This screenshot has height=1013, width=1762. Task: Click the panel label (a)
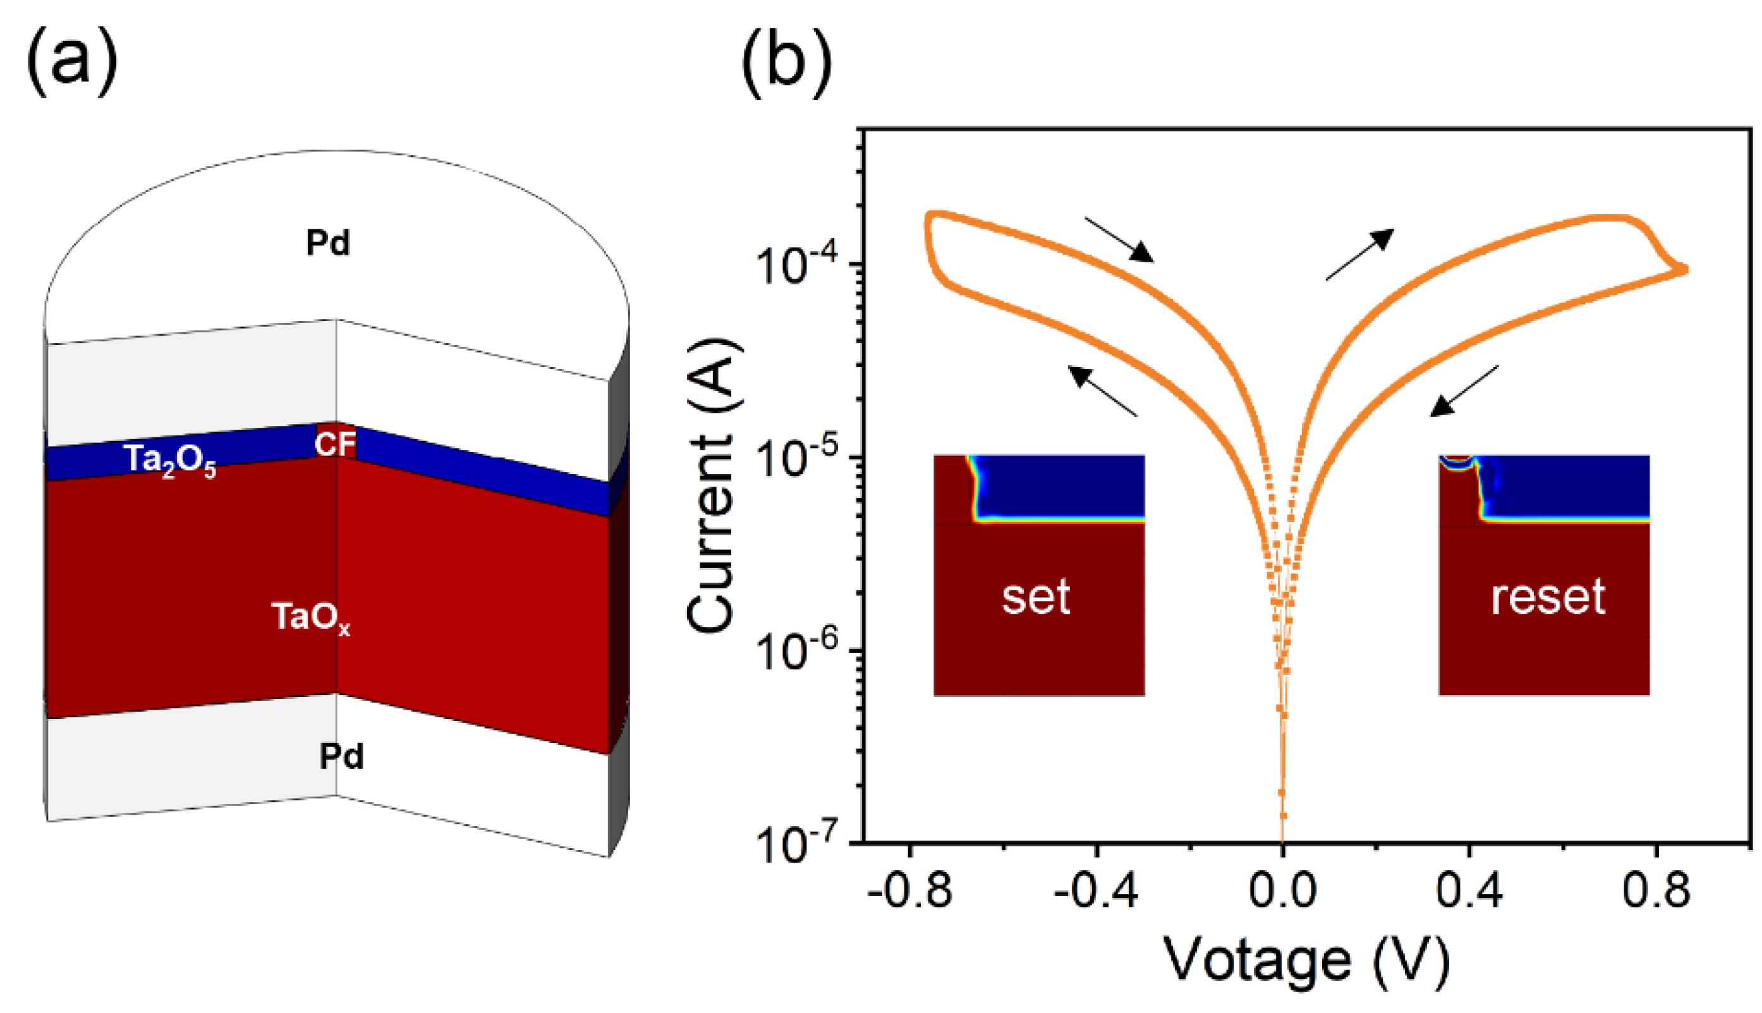coord(71,61)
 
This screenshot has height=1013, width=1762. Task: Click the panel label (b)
coord(786,61)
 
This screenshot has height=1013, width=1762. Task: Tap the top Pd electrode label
coord(327,243)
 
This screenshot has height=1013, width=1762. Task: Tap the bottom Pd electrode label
coord(341,756)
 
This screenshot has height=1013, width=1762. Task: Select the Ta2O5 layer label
coord(169,461)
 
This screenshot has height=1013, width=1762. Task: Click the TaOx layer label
coord(310,618)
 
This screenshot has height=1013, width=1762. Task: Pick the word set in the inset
coord(1036,597)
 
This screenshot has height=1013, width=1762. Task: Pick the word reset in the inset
coord(1548,597)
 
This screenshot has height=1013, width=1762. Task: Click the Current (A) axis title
coord(711,485)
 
